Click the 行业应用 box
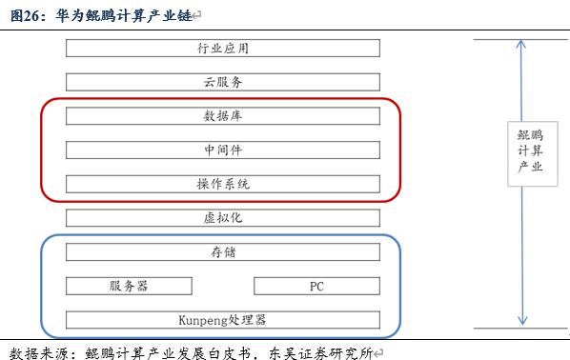coord(223,48)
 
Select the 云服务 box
coord(223,82)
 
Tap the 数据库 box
coord(223,116)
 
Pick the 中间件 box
coord(223,150)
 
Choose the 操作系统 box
coord(223,183)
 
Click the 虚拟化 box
coord(223,217)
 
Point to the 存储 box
coord(223,251)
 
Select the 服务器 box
coord(129,286)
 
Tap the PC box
coord(317,286)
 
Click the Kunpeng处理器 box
coord(223,319)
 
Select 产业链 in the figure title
coord(184,15)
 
